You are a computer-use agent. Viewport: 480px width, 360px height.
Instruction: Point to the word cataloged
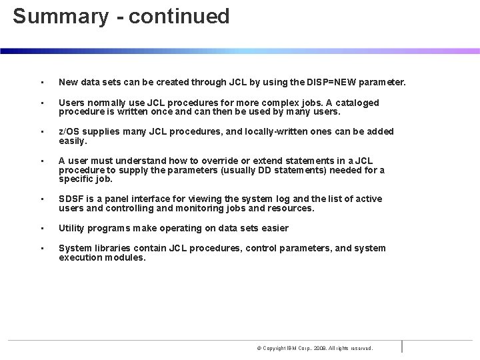pyautogui.click(x=357, y=103)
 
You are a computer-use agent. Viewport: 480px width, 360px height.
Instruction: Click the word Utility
pyautogui.click(x=71, y=228)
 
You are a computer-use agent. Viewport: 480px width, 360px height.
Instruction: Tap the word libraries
pyautogui.click(x=110, y=248)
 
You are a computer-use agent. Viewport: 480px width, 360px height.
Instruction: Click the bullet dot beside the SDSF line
pyautogui.click(x=41, y=199)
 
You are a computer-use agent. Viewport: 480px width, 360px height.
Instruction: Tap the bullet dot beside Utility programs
pyautogui.click(x=41, y=229)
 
